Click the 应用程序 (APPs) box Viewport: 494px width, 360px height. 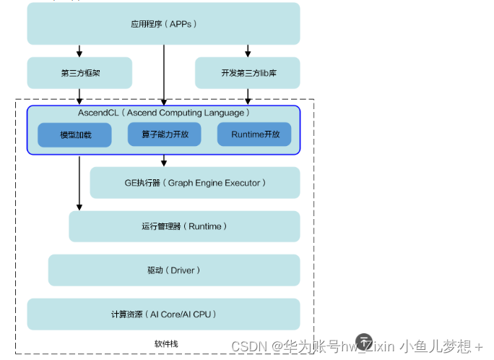163,24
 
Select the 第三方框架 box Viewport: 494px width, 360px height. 79,73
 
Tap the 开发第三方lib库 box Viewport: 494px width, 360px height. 248,73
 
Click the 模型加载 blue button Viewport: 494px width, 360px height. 75,135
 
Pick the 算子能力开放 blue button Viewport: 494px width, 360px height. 164,134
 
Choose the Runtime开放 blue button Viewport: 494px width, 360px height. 253,134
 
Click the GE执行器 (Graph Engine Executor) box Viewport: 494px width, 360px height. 194,183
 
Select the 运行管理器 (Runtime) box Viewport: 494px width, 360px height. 184,226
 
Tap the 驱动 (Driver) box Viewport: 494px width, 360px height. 173,270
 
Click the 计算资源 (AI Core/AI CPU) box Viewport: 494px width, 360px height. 163,314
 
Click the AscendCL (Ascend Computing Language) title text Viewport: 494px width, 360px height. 164,113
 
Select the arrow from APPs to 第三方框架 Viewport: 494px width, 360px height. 79,51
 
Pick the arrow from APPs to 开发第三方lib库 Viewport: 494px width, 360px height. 248,51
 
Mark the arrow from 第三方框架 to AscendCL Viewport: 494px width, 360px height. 79,97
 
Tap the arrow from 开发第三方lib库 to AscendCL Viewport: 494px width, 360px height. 248,97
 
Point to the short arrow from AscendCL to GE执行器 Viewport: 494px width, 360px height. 164,160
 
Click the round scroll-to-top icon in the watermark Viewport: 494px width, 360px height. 365,340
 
